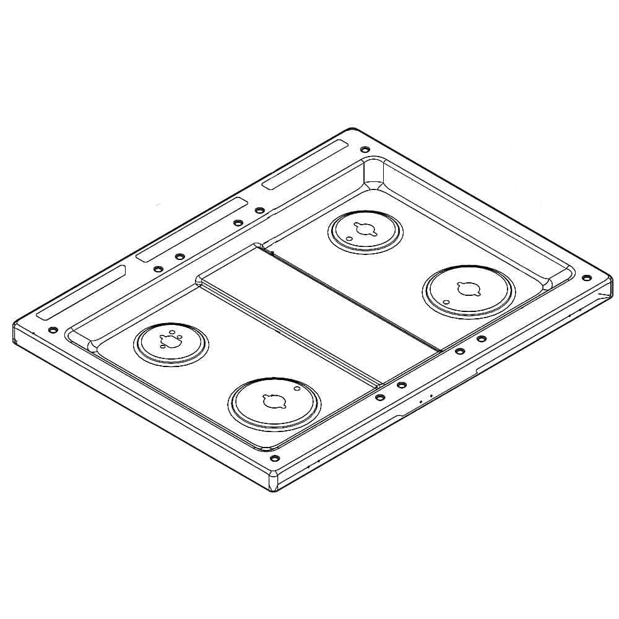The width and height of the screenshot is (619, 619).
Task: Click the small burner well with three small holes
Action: click(x=171, y=344)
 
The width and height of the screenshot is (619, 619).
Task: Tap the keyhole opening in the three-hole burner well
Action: click(x=169, y=339)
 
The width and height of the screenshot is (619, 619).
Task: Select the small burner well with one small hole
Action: click(x=366, y=232)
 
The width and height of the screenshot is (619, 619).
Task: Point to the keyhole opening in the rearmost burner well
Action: click(x=363, y=229)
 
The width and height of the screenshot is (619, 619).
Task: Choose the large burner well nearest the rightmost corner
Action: click(x=469, y=292)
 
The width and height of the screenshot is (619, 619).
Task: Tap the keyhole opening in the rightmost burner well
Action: click(x=464, y=288)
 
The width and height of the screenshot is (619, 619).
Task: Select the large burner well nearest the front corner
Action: click(x=274, y=404)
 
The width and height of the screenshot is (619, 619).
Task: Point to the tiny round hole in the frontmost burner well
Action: click(x=297, y=389)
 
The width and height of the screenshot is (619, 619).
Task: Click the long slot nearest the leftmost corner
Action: click(x=80, y=292)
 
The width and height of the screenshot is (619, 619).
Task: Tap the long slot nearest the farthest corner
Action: click(x=305, y=164)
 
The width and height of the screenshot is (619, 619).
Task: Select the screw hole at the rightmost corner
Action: click(x=587, y=278)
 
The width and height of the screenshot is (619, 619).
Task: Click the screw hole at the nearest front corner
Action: click(x=275, y=459)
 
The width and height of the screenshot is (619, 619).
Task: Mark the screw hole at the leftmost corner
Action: click(x=53, y=329)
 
